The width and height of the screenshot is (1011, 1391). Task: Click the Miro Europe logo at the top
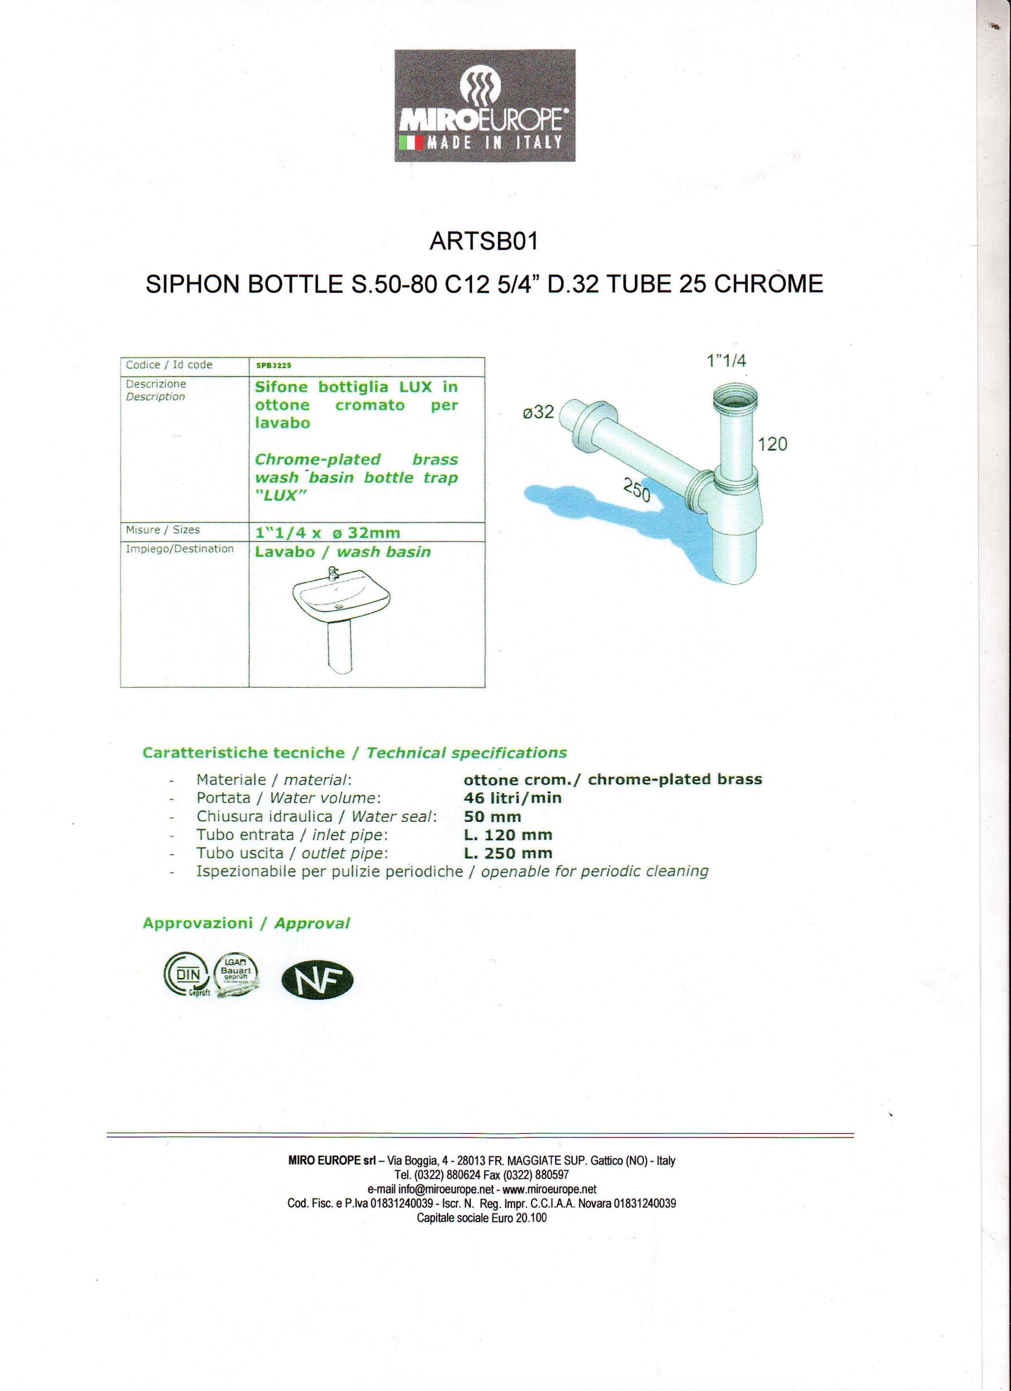[485, 105]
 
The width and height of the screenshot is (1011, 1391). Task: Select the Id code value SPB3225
[273, 365]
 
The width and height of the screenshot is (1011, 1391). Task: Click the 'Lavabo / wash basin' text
[343, 552]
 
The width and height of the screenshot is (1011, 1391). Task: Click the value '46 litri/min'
[513, 798]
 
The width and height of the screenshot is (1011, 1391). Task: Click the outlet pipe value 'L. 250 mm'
[508, 853]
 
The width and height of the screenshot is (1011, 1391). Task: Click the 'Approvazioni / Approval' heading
[246, 924]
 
